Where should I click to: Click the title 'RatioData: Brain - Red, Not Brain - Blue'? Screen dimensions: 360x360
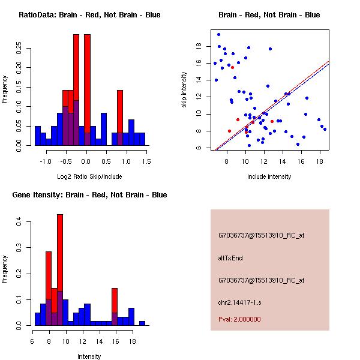click(89, 14)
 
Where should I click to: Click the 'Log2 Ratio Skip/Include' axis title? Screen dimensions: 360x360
click(89, 176)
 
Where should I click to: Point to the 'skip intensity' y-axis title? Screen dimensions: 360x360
click(185, 90)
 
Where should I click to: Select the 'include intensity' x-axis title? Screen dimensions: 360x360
click(269, 176)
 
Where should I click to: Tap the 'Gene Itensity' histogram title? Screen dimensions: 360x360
click(89, 194)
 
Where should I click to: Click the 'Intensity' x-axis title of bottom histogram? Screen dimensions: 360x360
click(89, 356)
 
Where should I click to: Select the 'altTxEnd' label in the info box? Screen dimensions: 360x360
click(230, 258)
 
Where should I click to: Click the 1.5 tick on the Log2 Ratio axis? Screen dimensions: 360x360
click(146, 161)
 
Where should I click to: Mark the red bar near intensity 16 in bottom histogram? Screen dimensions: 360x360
click(114, 300)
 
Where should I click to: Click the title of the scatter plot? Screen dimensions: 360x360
click(269, 14)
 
